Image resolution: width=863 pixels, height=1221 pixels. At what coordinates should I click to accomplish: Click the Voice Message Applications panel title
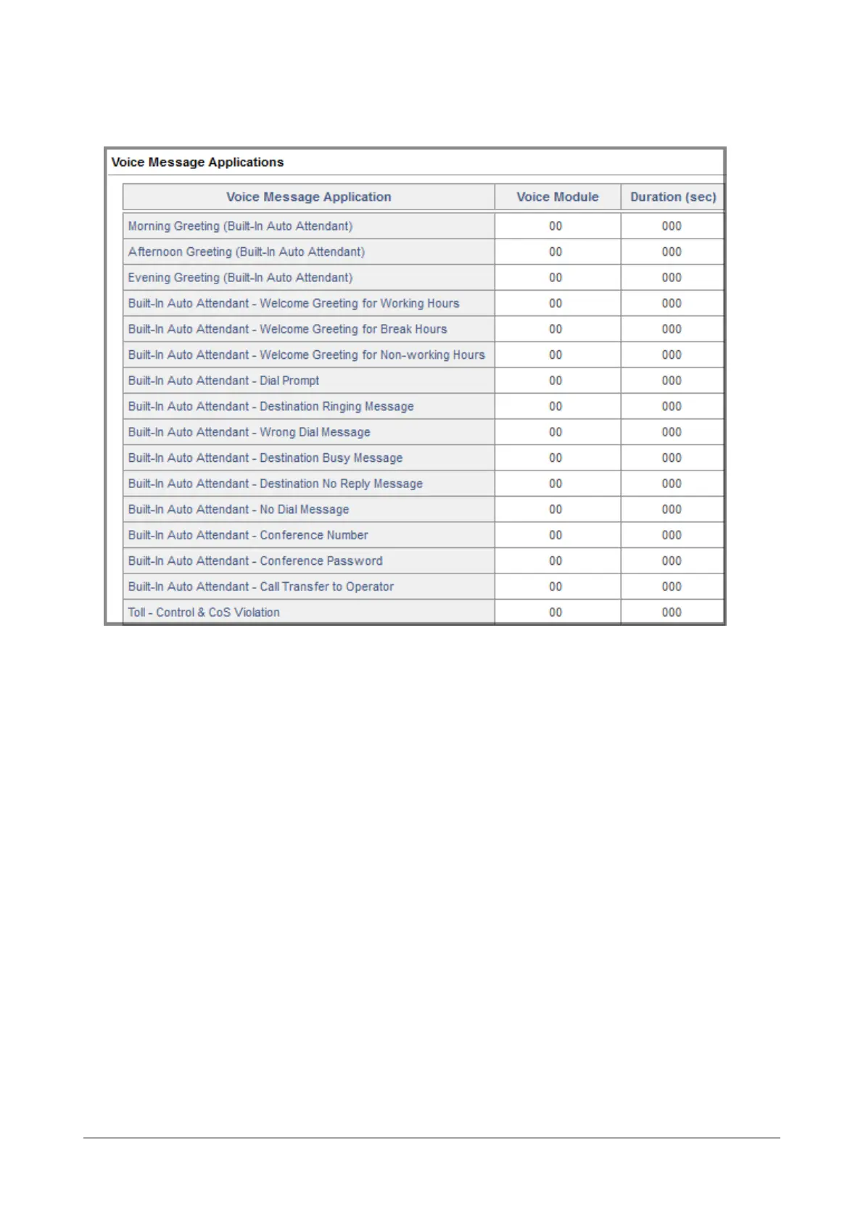(197, 162)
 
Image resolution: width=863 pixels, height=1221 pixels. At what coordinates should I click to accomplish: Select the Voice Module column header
(557, 197)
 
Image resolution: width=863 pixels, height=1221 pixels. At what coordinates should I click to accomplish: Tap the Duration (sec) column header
(672, 197)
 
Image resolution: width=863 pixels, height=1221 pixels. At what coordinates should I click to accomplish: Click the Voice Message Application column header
(308, 197)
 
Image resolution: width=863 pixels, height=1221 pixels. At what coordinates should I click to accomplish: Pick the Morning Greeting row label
(240, 226)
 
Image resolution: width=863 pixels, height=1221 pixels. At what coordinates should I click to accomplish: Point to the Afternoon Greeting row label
(246, 252)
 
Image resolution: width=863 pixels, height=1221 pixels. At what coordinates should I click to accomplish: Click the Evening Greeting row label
(240, 278)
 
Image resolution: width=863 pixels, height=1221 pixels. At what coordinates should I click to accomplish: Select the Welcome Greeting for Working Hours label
(294, 304)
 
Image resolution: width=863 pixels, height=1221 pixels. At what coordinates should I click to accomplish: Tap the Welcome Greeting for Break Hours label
(287, 329)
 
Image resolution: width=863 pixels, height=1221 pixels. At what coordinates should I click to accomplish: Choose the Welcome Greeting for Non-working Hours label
(306, 355)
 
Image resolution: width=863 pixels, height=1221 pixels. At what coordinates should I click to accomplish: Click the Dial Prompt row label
(223, 381)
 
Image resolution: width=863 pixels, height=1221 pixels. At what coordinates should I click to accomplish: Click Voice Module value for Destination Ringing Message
(556, 407)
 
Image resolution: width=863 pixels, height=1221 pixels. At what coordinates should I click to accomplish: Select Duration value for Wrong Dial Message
(672, 432)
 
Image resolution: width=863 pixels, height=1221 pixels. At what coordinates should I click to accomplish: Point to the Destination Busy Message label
(265, 458)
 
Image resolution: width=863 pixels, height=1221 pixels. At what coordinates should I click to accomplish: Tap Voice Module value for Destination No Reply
(556, 484)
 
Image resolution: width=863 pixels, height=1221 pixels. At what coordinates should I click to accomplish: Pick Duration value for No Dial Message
(672, 510)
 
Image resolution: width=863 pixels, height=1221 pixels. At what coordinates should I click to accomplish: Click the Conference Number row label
(248, 535)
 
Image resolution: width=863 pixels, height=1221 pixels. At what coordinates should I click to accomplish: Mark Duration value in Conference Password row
(672, 561)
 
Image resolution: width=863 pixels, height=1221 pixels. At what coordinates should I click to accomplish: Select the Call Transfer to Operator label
(260, 587)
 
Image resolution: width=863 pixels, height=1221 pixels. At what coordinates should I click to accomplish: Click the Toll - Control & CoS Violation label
(204, 613)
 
